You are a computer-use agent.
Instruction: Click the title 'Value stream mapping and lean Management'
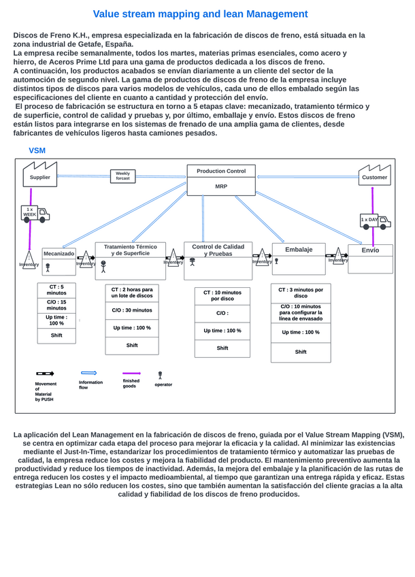[200, 14]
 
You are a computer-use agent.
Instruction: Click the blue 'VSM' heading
[37, 150]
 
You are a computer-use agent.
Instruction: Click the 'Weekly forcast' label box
[122, 176]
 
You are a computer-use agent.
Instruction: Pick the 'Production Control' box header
[221, 171]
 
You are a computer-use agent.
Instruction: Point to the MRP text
[221, 186]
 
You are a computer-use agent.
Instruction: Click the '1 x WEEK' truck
[34, 214]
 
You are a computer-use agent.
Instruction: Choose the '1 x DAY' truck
[374, 220]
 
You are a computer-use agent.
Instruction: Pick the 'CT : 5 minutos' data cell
[56, 290]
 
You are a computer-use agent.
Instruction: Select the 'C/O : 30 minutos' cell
[132, 310]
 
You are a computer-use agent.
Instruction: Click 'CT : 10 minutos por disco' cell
[222, 295]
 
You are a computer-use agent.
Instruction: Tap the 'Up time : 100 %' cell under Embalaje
[301, 332]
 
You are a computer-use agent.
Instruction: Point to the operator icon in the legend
[160, 375]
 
